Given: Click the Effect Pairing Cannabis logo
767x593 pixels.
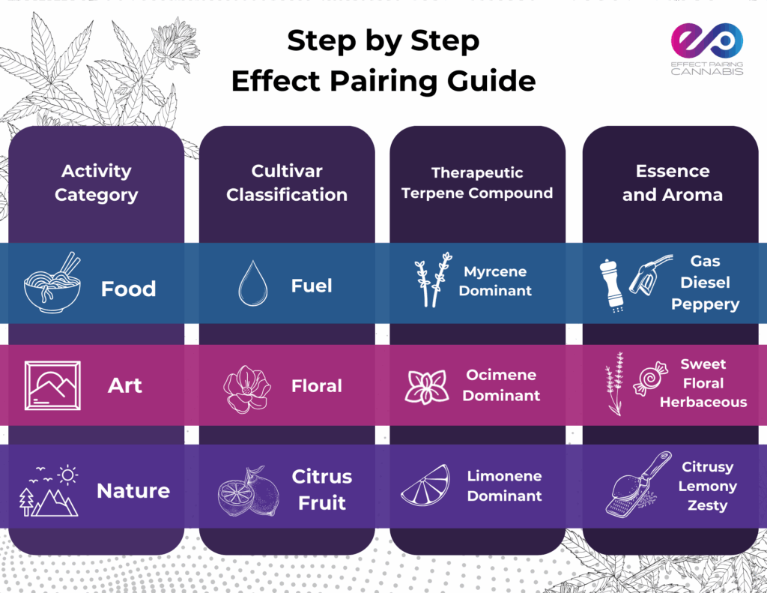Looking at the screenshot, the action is (707, 49).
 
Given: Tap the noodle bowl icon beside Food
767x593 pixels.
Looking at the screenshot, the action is (52, 283).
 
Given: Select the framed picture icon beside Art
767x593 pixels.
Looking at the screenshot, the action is (52, 385).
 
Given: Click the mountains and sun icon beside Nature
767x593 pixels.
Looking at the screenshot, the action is (49, 490).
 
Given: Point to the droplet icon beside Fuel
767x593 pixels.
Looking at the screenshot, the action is (253, 283).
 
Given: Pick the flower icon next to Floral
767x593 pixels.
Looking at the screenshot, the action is (247, 389).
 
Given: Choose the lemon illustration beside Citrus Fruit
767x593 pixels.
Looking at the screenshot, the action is (249, 490).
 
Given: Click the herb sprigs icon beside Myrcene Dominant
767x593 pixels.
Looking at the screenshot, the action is (433, 280).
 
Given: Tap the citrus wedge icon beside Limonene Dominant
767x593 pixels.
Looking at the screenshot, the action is (425, 485).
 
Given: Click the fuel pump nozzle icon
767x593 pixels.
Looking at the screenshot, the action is (649, 274).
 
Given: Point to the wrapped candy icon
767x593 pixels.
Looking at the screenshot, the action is (650, 379).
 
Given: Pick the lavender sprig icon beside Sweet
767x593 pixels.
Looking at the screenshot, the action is (614, 383).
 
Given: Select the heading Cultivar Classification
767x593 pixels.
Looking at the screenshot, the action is (287, 183).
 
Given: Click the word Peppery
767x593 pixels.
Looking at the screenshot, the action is (705, 304).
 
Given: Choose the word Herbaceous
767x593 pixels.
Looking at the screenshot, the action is (703, 402).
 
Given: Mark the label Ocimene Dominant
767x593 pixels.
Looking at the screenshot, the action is (501, 385).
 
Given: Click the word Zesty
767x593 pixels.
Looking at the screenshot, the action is (707, 505).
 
